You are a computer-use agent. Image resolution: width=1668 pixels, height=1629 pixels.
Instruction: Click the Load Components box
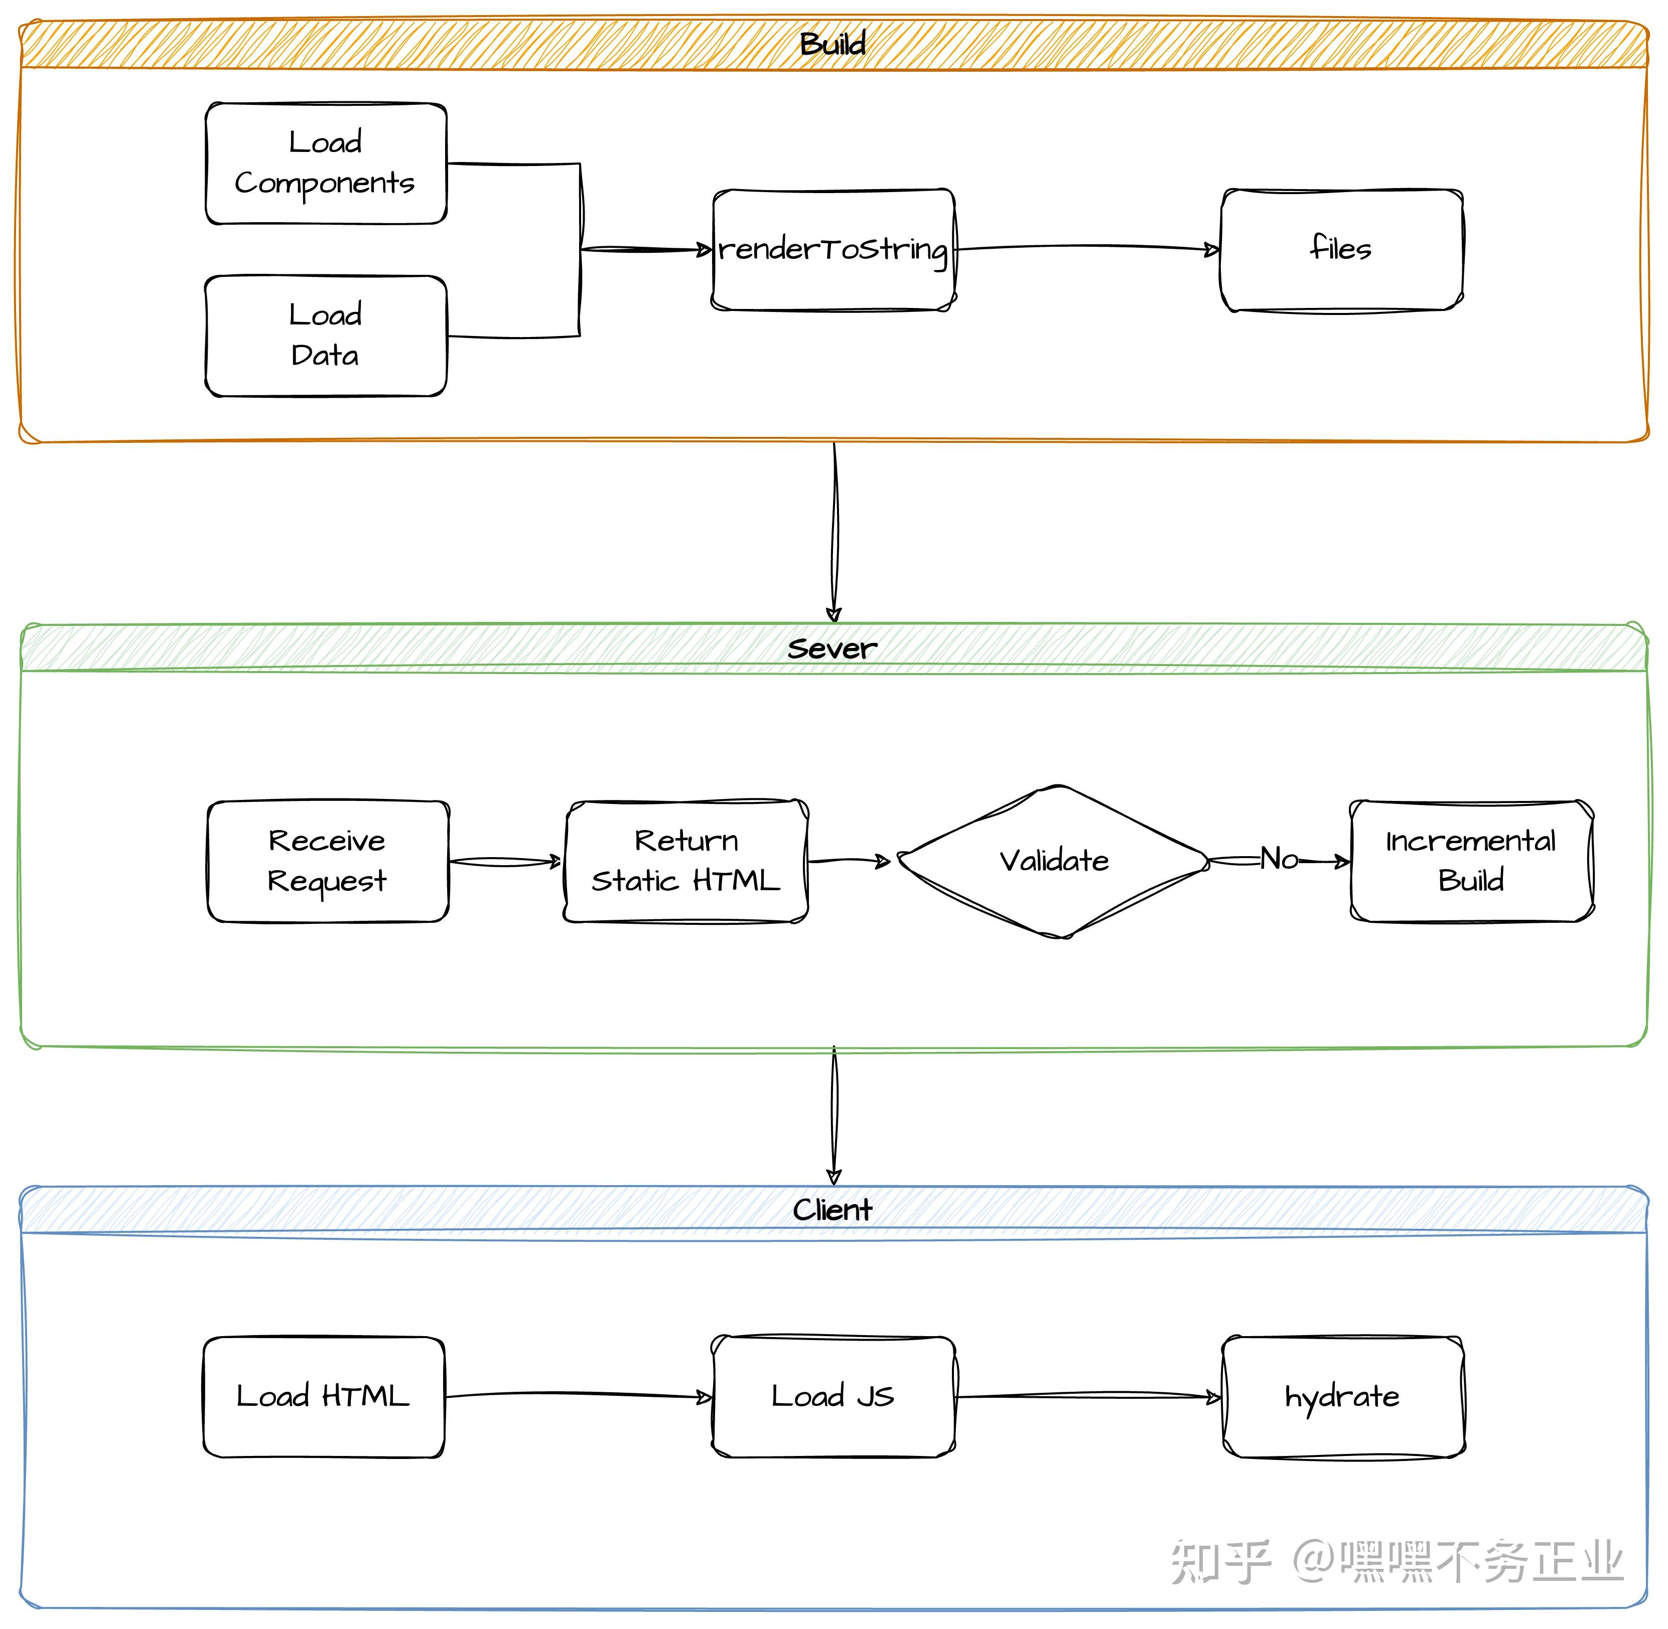coord(326,164)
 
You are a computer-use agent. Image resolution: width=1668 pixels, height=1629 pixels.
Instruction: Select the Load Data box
coord(326,336)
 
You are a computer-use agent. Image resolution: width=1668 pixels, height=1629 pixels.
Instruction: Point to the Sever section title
coord(832,648)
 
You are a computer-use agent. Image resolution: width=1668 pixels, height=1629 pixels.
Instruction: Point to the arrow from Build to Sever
coord(835,531)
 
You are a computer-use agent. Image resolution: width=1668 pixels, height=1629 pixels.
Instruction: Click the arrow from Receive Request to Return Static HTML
coord(505,862)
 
